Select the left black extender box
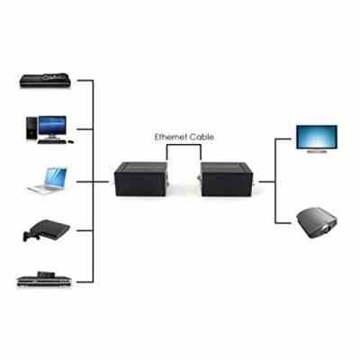[x=140, y=179]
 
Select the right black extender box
[x=227, y=179]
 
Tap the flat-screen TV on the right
[x=317, y=139]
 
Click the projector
[x=317, y=223]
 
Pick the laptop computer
[x=48, y=180]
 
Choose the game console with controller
[x=47, y=230]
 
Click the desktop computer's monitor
[x=52, y=127]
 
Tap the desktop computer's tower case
[x=31, y=128]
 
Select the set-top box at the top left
[x=45, y=80]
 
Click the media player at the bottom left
[x=44, y=279]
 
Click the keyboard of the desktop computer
[x=51, y=141]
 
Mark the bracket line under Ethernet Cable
[x=184, y=145]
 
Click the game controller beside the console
[x=31, y=236]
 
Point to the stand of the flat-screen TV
[x=317, y=151]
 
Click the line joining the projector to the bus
[x=283, y=223]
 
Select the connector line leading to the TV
[x=283, y=139]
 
